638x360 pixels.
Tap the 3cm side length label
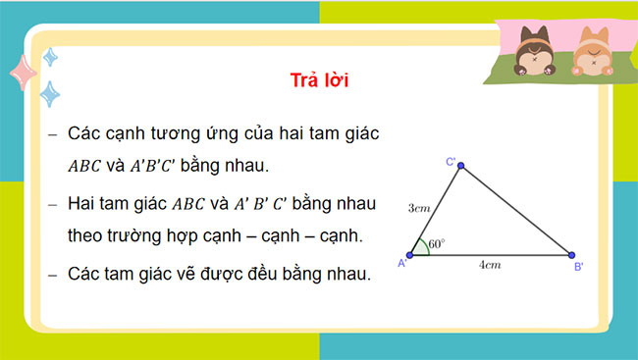coord(420,208)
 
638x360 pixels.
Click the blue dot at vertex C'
coord(461,166)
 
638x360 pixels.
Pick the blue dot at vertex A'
coord(412,254)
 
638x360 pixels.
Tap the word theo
coord(88,236)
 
